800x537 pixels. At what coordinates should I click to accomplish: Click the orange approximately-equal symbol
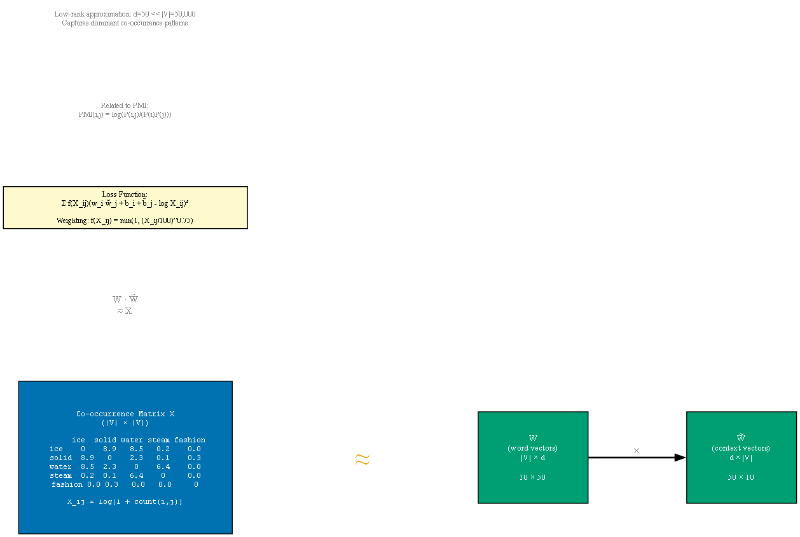coord(362,459)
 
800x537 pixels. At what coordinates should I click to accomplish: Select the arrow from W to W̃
coord(637,458)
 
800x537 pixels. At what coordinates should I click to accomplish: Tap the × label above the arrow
coord(637,451)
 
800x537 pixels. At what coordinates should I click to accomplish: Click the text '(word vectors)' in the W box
coord(533,448)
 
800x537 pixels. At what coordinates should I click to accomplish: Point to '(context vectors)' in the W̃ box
coord(741,448)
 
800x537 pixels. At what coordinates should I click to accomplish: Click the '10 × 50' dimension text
coord(533,477)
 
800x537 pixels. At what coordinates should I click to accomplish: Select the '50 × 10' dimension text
coord(741,477)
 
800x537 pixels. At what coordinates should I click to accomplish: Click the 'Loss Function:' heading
coord(125,194)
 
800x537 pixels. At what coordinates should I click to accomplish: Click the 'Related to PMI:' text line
coord(125,105)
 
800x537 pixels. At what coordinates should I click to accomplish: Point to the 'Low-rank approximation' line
coord(121,14)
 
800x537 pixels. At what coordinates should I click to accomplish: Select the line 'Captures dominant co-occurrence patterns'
coord(125,24)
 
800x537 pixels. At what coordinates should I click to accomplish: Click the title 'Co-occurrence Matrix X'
coord(125,414)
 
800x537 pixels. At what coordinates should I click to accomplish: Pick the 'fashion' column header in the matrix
coord(190,440)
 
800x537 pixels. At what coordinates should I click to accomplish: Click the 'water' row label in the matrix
coord(61,466)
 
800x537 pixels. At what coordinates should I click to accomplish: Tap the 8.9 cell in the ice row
coord(109,449)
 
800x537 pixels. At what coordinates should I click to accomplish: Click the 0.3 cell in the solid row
coord(195,458)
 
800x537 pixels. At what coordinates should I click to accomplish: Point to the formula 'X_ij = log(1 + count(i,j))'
coord(125,501)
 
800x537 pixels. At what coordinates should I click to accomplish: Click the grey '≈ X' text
coord(125,311)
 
